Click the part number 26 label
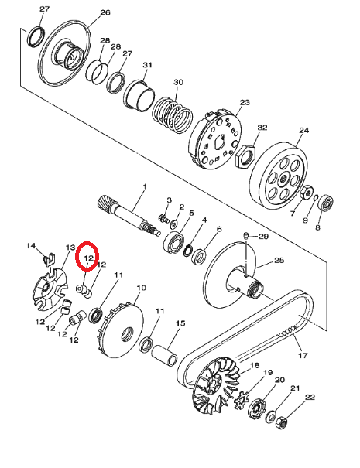pyautogui.click(x=105, y=12)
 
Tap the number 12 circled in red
pyautogui.click(x=88, y=258)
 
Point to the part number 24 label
pyautogui.click(x=303, y=131)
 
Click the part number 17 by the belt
pyautogui.click(x=303, y=357)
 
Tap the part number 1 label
pyautogui.click(x=143, y=186)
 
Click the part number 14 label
pyautogui.click(x=32, y=246)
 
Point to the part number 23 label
pyautogui.click(x=245, y=103)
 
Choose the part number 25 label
pyautogui.click(x=279, y=261)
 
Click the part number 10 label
pyautogui.click(x=141, y=288)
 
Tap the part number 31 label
pyautogui.click(x=148, y=65)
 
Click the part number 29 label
pyautogui.click(x=262, y=236)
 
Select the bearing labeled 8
pyautogui.click(x=327, y=206)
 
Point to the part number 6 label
pyautogui.click(x=219, y=230)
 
